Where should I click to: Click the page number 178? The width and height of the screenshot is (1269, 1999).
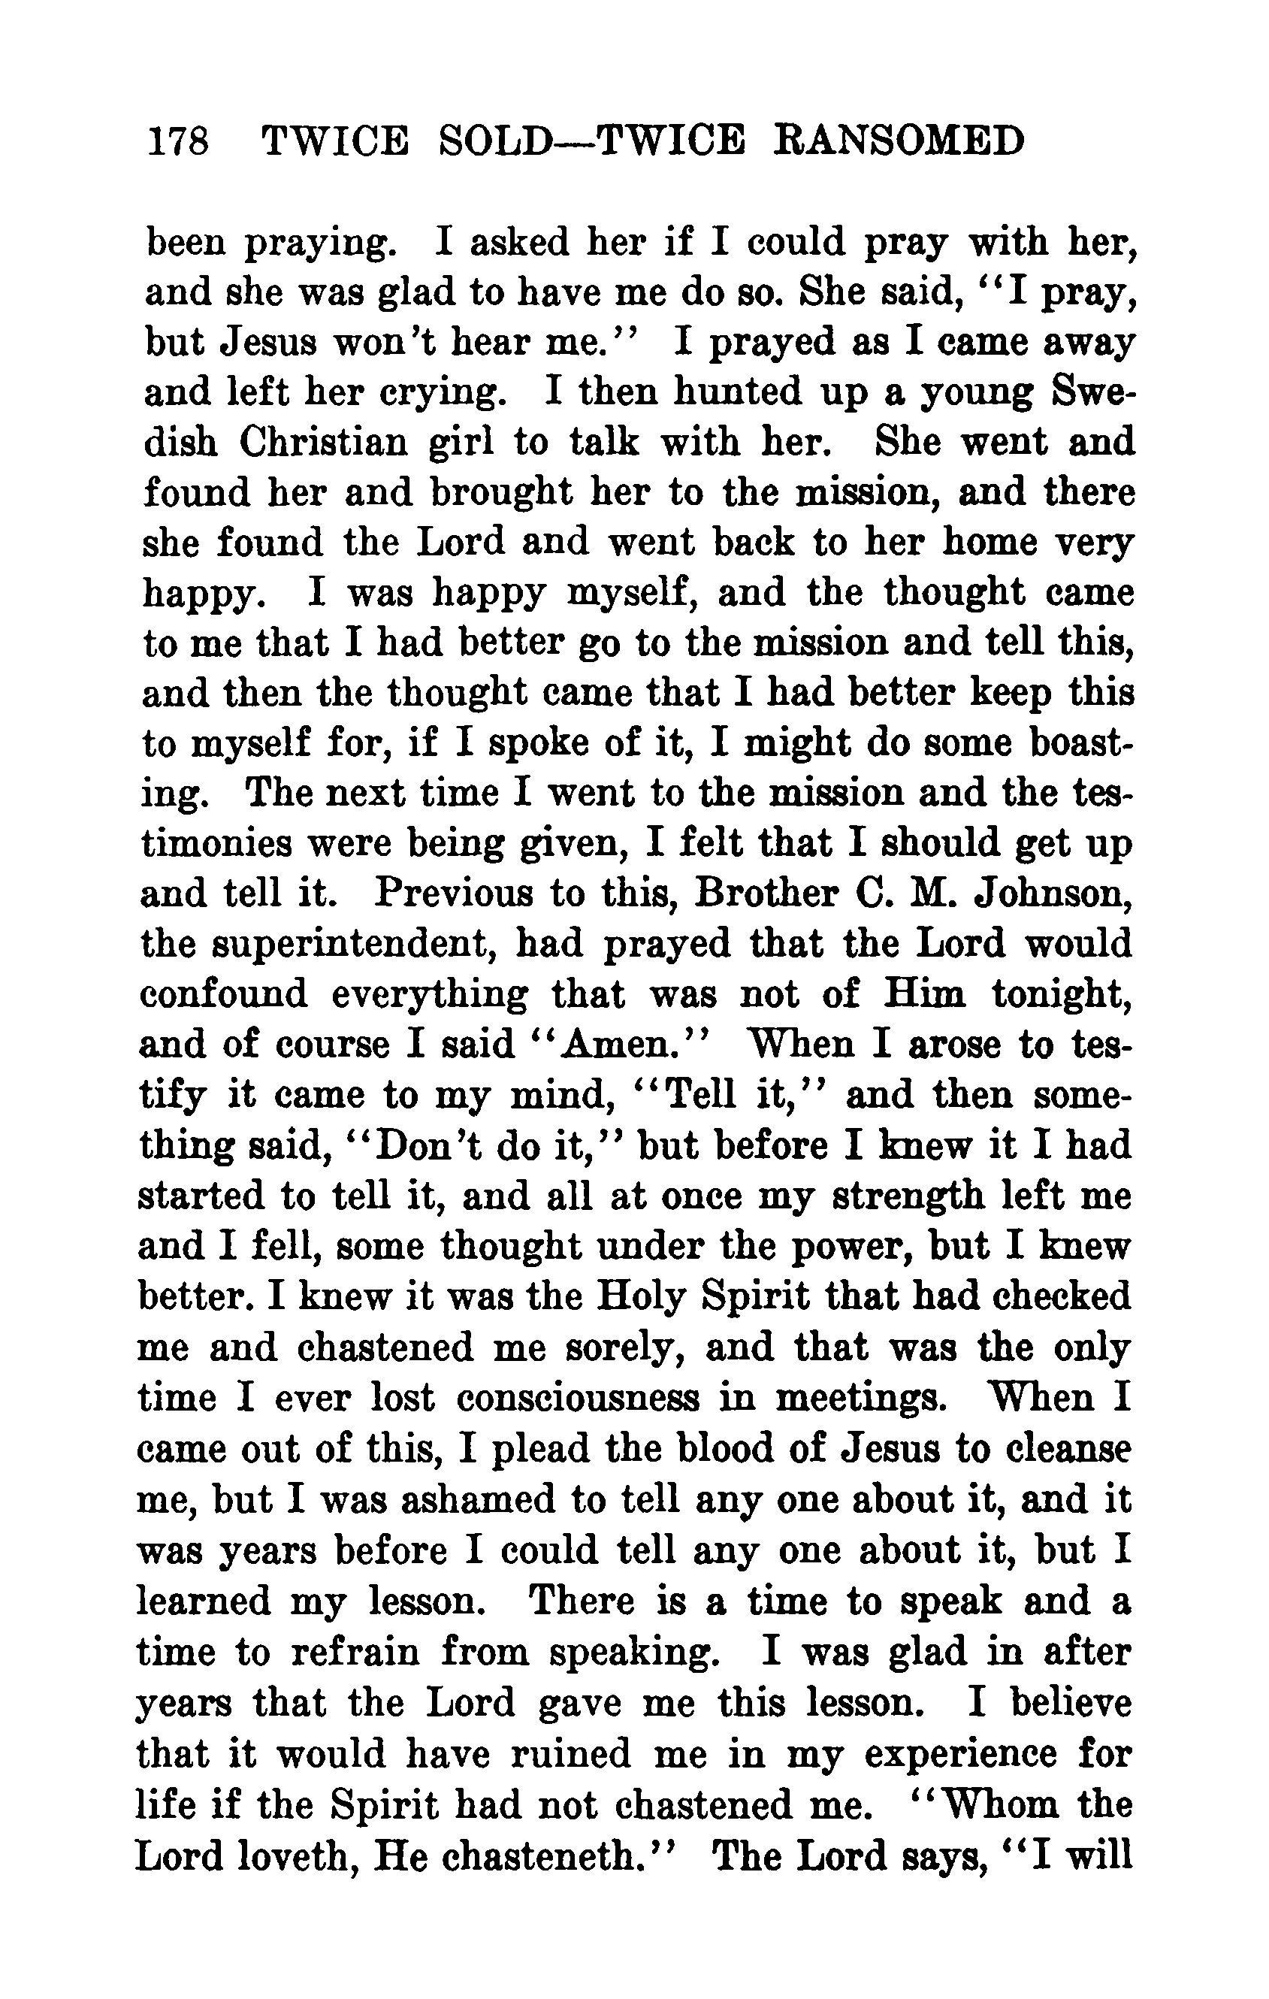click(x=177, y=141)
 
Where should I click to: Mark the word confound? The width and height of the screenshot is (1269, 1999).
click(x=223, y=993)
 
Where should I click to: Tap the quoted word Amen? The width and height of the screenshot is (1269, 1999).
click(x=617, y=1045)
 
